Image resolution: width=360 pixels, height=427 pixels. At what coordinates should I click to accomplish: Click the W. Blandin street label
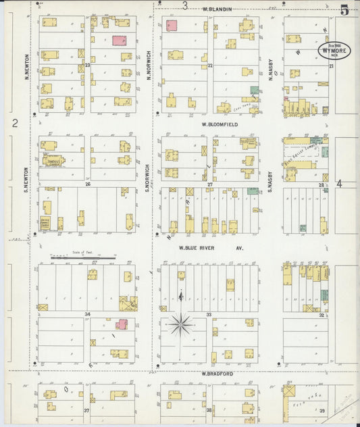[217, 9]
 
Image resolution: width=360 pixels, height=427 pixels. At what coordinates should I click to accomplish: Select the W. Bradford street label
[216, 374]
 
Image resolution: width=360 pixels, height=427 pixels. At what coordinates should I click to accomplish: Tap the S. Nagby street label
[269, 180]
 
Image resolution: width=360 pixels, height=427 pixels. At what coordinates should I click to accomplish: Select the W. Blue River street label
[210, 248]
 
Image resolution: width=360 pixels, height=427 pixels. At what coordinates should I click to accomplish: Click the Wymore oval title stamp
[334, 53]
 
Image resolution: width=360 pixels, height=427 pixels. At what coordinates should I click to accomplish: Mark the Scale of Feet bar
[83, 258]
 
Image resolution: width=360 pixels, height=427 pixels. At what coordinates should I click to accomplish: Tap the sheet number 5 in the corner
[344, 9]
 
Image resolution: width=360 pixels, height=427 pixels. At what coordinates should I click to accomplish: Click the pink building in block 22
[172, 26]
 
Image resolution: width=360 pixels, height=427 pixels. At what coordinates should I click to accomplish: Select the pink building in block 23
[121, 40]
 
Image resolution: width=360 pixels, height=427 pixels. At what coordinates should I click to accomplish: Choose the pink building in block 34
[122, 324]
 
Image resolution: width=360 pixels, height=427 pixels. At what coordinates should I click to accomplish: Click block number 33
[209, 315]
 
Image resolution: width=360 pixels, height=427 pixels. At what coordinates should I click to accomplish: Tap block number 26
[87, 184]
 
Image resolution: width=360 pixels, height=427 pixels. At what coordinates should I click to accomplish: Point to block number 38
[209, 410]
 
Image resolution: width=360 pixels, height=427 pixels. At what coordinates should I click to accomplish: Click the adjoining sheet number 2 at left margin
[14, 123]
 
